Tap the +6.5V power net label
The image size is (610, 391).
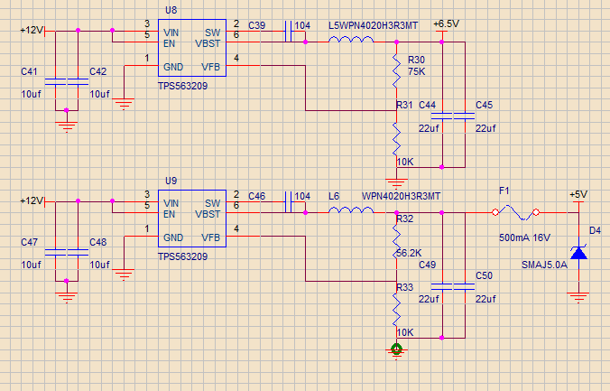click(x=446, y=22)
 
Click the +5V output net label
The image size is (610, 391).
click(x=578, y=193)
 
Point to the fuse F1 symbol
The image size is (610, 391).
click(x=516, y=213)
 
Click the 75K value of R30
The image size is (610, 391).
click(x=416, y=70)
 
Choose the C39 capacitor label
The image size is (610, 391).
click(x=256, y=23)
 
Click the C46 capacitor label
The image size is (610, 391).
click(x=256, y=196)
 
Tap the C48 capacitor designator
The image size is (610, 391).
click(x=98, y=242)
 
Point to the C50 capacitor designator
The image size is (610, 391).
click(x=484, y=275)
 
